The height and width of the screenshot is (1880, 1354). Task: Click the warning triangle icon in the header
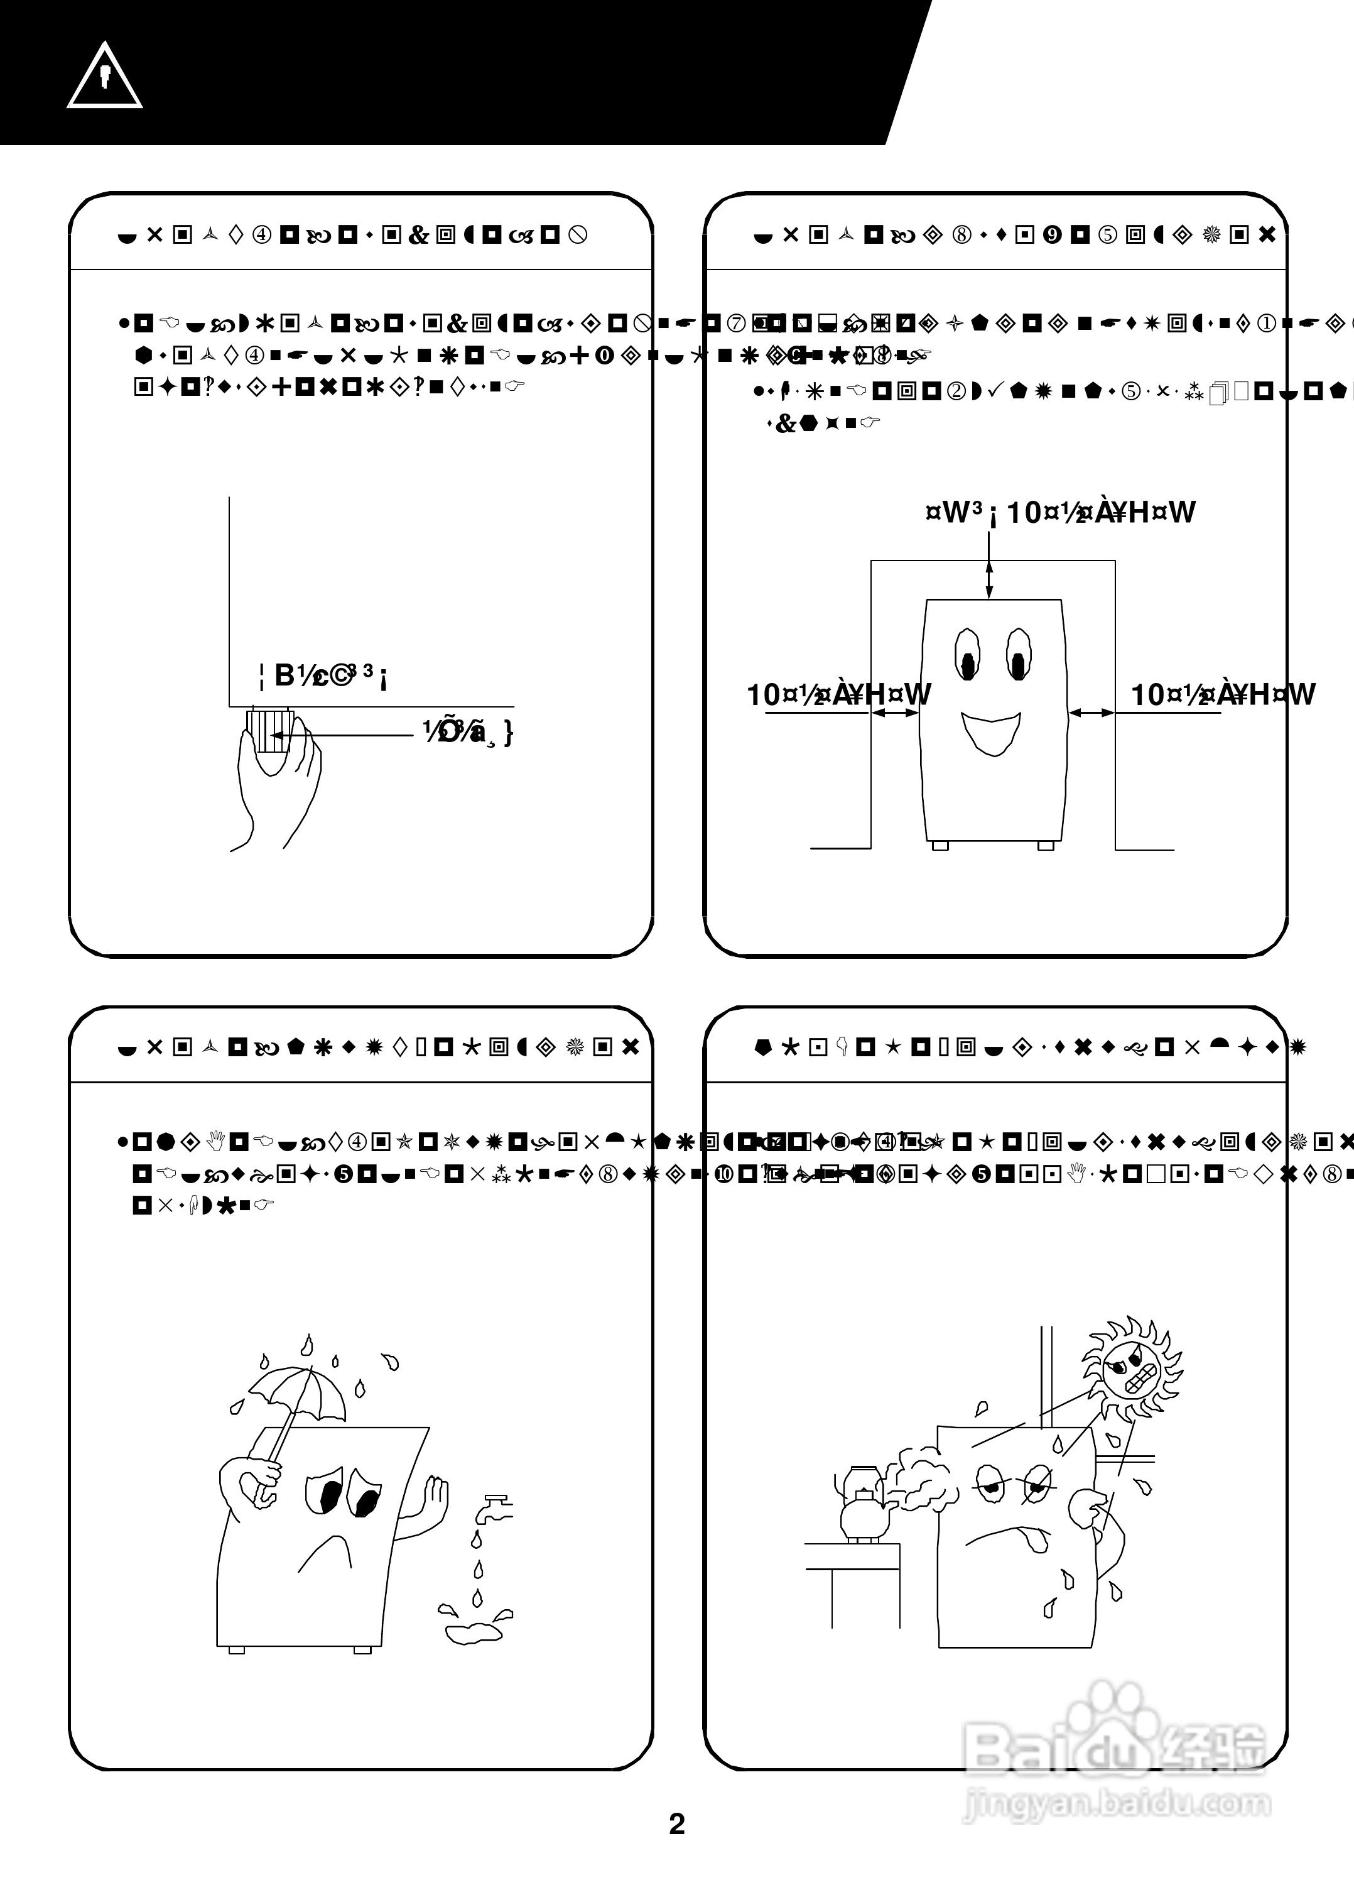104,76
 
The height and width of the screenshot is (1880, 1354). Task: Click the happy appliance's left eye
967,654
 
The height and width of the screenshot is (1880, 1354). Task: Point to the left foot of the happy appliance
939,846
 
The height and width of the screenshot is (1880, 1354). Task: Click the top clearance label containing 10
1061,512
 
